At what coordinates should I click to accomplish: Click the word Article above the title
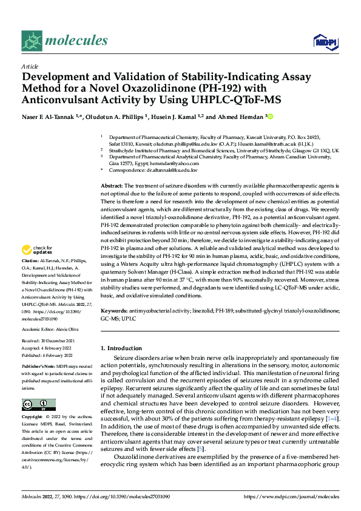point(30,66)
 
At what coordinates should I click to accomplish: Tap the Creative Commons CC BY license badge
point(38,404)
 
